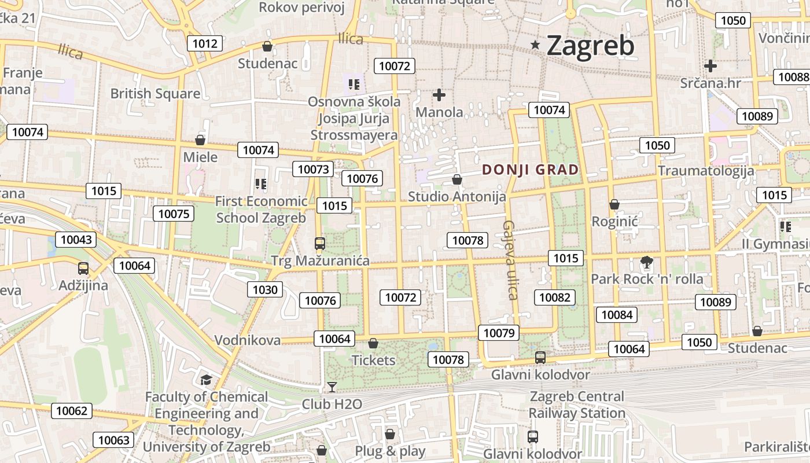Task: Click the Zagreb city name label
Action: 590,46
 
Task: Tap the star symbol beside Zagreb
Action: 536,45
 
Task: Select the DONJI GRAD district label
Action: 530,170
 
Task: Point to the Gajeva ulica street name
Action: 510,260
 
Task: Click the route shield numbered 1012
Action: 205,43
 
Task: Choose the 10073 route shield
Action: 313,169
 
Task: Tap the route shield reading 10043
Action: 76,239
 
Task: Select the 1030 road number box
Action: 266,289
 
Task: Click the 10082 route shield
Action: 554,297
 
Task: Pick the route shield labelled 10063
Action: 113,440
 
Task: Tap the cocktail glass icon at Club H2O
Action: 332,387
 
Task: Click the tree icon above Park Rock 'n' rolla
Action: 646,263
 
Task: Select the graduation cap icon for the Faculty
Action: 206,380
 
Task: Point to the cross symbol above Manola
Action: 439,95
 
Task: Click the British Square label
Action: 155,93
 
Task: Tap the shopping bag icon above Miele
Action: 200,140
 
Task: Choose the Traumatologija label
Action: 706,171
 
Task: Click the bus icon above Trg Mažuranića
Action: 320,244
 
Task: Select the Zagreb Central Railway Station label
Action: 577,405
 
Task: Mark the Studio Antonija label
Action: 456,196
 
